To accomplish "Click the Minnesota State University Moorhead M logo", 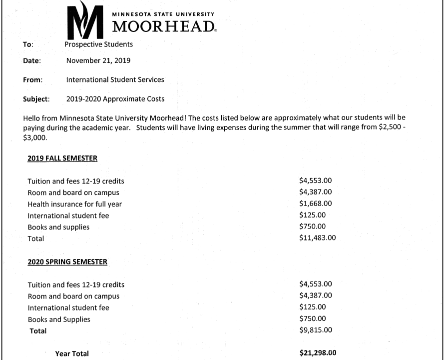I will [85, 21].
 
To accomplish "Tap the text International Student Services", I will [115, 79].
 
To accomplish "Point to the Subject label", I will [36, 99].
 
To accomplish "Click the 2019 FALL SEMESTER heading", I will [62, 158].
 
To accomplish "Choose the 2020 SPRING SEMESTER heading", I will [67, 261].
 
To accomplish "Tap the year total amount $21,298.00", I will [318, 353].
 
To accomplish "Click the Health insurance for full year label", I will [75, 204].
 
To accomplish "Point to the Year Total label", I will [72, 353].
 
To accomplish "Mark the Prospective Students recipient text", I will [99, 44].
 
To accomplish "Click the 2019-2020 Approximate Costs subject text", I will [115, 99].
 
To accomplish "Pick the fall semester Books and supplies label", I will [58, 227].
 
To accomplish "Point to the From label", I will [32, 80].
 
